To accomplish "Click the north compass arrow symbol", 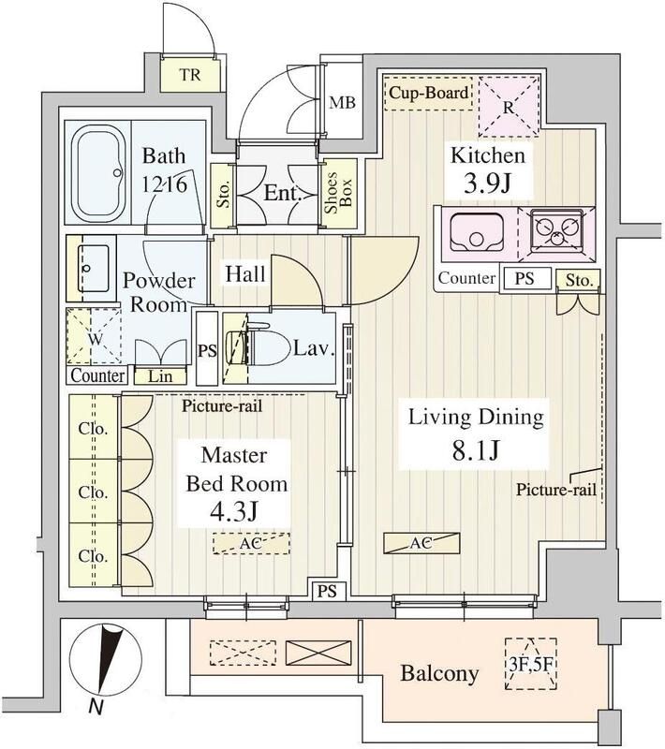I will pyautogui.click(x=110, y=658).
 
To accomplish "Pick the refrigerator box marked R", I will pyautogui.click(x=507, y=106).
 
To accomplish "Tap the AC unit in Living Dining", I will pyautogui.click(x=422, y=542).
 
